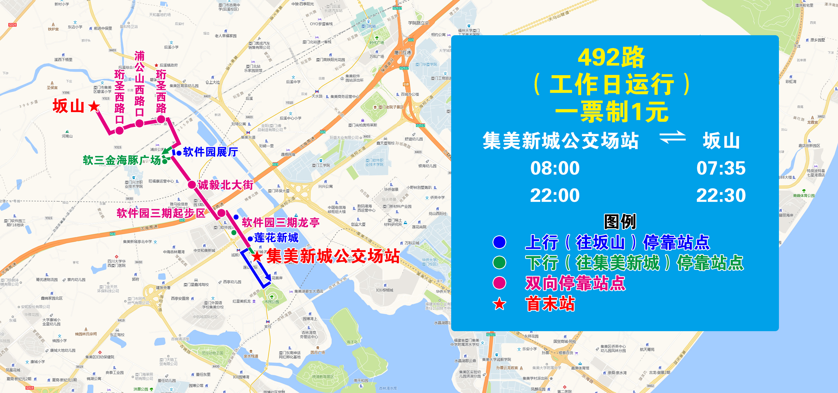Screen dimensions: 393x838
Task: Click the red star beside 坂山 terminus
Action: tap(94, 106)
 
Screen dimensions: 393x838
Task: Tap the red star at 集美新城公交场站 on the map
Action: tap(257, 256)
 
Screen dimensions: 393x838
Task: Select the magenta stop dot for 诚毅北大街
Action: tap(192, 185)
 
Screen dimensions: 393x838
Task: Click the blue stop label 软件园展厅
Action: tap(210, 152)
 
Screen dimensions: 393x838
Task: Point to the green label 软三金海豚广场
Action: tap(122, 160)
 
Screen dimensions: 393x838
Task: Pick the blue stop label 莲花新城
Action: tap(276, 238)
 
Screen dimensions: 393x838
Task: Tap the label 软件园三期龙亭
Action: tap(280, 222)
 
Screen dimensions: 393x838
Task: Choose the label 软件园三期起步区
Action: tap(161, 213)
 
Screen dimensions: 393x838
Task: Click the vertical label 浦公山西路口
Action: tap(139, 83)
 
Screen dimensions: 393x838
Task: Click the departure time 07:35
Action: tap(721, 168)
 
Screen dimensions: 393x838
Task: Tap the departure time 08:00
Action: tap(555, 168)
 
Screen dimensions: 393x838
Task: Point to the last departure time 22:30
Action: tap(721, 196)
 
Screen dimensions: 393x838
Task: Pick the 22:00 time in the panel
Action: tap(555, 196)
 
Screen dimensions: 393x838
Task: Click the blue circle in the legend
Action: tap(499, 242)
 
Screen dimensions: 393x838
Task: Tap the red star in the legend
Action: tap(499, 304)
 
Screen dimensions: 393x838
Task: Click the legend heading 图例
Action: tap(620, 222)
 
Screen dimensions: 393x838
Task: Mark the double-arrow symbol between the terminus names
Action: tap(672, 137)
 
